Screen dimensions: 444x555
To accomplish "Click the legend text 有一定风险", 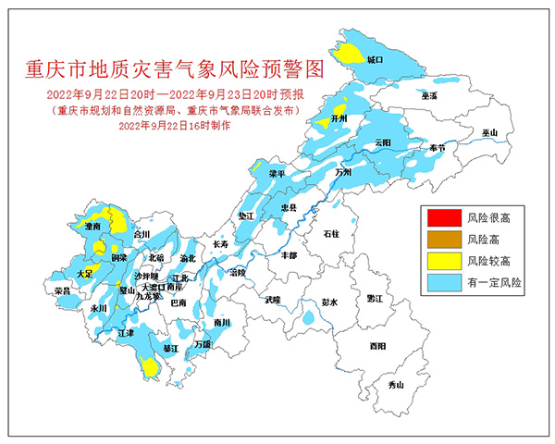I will point(495,281).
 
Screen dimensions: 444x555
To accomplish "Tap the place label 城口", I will point(374,59).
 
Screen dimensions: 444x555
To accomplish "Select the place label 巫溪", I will point(428,95).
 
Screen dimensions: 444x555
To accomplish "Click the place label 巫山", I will point(489,134).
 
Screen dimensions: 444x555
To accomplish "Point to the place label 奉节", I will point(430,148).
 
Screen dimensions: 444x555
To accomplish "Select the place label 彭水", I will point(330,302).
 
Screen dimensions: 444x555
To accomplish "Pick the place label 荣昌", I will point(64,290).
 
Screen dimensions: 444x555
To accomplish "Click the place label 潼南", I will point(92,226).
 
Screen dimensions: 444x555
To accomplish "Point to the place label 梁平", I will point(277,173).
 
